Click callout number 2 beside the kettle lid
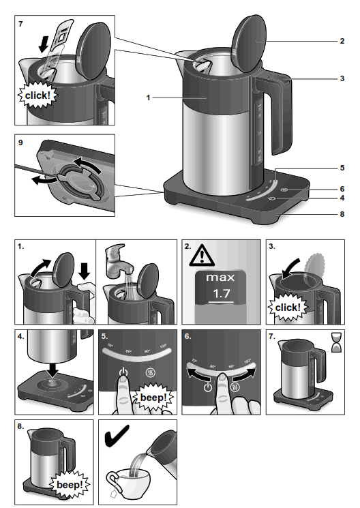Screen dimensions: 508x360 click(341, 41)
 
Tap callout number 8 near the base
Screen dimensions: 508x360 click(341, 214)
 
